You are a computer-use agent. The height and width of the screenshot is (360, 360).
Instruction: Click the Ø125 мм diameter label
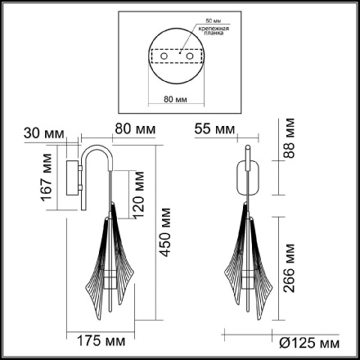click(x=306, y=341)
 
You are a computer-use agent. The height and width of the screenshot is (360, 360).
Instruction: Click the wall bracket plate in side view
click(x=74, y=177)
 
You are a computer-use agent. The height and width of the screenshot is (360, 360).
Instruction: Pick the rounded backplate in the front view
click(x=250, y=176)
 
